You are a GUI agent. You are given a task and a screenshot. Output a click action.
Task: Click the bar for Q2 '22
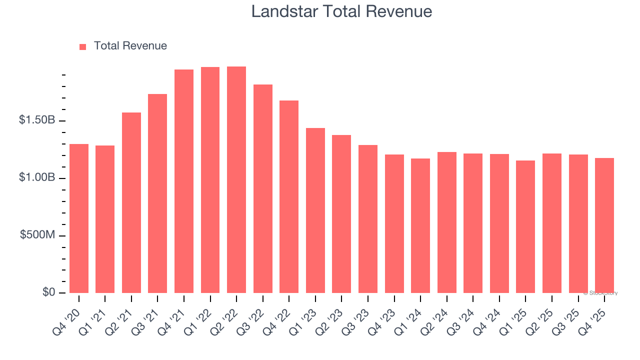236,180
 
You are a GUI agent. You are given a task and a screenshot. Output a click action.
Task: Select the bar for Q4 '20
79,218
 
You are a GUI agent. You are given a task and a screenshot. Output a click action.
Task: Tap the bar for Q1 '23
315,210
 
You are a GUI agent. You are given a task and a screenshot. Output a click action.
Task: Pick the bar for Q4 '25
604,225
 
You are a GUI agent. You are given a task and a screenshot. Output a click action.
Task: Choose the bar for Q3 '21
157,193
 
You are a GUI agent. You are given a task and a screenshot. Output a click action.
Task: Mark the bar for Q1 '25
525,226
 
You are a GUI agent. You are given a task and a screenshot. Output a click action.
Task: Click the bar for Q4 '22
289,196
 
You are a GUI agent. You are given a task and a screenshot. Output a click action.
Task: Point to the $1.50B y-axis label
37,120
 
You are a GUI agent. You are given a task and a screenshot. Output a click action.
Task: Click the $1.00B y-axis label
37,178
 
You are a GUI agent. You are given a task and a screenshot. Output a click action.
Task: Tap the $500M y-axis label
38,235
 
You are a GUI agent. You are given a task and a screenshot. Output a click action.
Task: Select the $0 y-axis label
49,292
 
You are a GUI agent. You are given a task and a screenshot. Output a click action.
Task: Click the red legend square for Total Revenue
83,46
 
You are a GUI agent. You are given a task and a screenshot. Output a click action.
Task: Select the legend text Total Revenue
130,46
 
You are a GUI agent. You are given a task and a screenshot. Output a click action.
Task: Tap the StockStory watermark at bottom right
600,293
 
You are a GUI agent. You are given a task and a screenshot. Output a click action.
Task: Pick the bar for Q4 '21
184,181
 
